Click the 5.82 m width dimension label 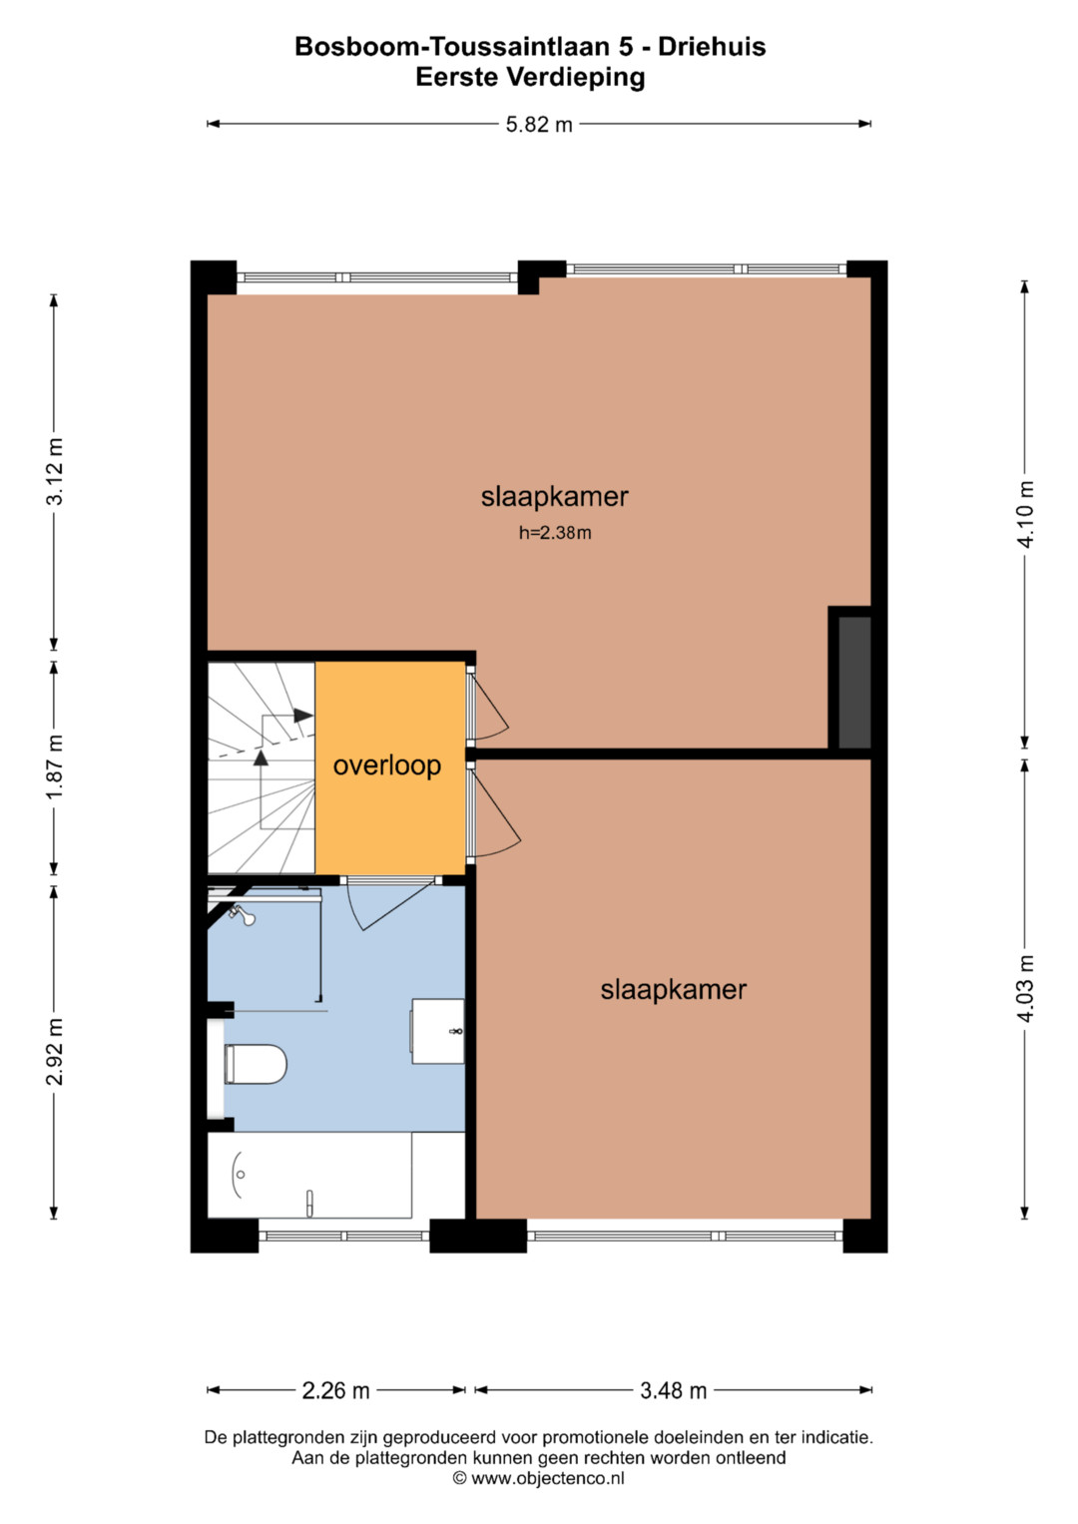(538, 125)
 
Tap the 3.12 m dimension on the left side (55, 471)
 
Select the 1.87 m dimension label (55, 766)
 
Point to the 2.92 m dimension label (55, 1051)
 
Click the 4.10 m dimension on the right (1026, 514)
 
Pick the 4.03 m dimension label (1026, 988)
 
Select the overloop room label (386, 765)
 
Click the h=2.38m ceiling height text (555, 533)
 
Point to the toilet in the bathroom (256, 1064)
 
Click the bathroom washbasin (437, 1031)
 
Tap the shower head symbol (243, 915)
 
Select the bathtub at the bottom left (309, 1175)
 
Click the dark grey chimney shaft (854, 682)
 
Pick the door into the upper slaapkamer (489, 705)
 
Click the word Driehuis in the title (712, 46)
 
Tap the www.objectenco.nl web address (547, 1478)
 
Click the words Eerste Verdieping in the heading (530, 77)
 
